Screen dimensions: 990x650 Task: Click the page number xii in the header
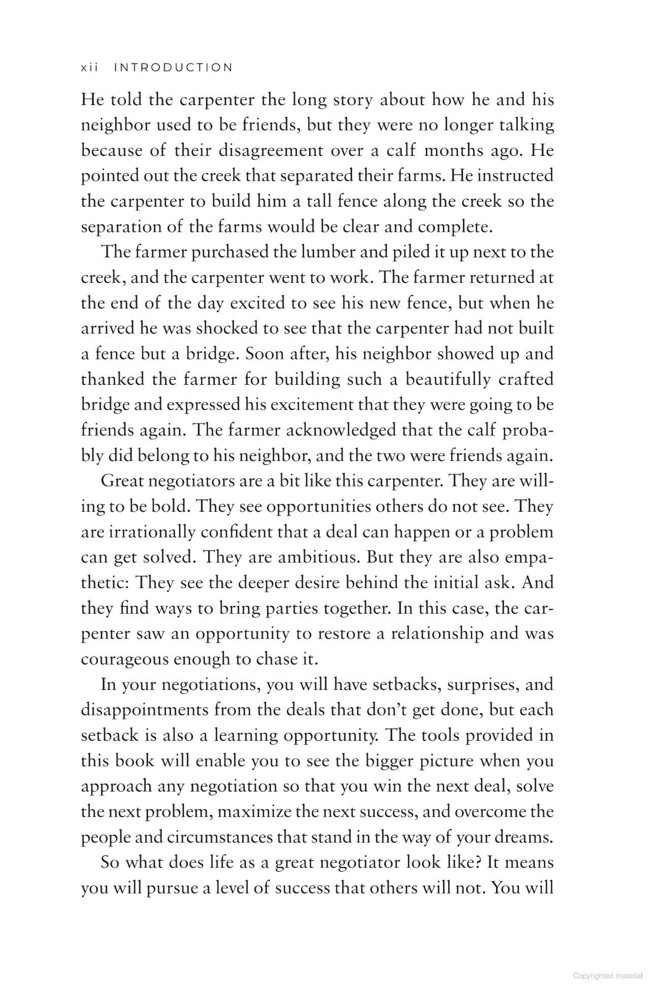tap(89, 68)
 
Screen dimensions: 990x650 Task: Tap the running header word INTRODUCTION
tap(173, 68)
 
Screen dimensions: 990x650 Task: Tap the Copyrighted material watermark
tap(607, 976)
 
